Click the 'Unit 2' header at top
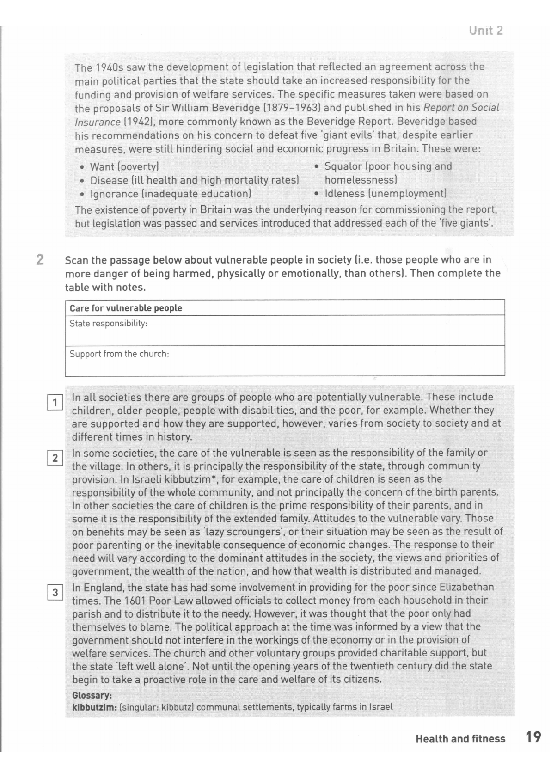[485, 31]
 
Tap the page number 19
[533, 737]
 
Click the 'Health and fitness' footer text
[460, 739]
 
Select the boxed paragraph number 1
[55, 403]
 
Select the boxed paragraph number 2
[55, 458]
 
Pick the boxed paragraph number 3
[55, 592]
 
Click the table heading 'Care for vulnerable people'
[126, 308]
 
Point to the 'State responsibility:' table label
[108, 324]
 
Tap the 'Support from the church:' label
[119, 354]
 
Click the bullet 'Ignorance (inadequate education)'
[170, 194]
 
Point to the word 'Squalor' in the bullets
[343, 166]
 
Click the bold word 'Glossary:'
[92, 695]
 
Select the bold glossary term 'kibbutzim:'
[95, 707]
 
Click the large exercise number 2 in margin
[40, 260]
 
